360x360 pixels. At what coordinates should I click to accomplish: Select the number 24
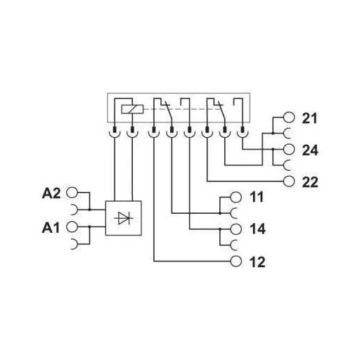(x=310, y=149)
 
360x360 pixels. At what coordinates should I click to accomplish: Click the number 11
(x=257, y=197)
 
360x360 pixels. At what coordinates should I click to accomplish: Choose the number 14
(x=257, y=229)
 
